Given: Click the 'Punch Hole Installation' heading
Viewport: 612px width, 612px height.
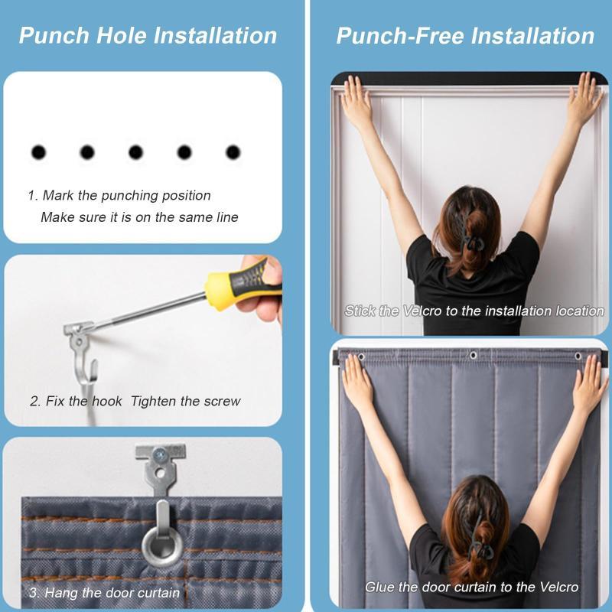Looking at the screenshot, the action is (148, 35).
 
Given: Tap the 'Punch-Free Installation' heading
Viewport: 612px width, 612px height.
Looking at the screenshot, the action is (465, 35).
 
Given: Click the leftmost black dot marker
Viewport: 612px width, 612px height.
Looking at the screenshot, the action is (38, 152).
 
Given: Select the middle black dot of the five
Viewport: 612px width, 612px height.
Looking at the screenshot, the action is (135, 152).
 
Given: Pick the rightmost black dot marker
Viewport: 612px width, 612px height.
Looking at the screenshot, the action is (233, 152).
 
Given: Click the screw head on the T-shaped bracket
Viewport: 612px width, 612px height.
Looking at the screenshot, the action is (159, 454).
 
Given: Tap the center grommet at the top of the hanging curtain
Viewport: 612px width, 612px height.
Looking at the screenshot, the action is (473, 355).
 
